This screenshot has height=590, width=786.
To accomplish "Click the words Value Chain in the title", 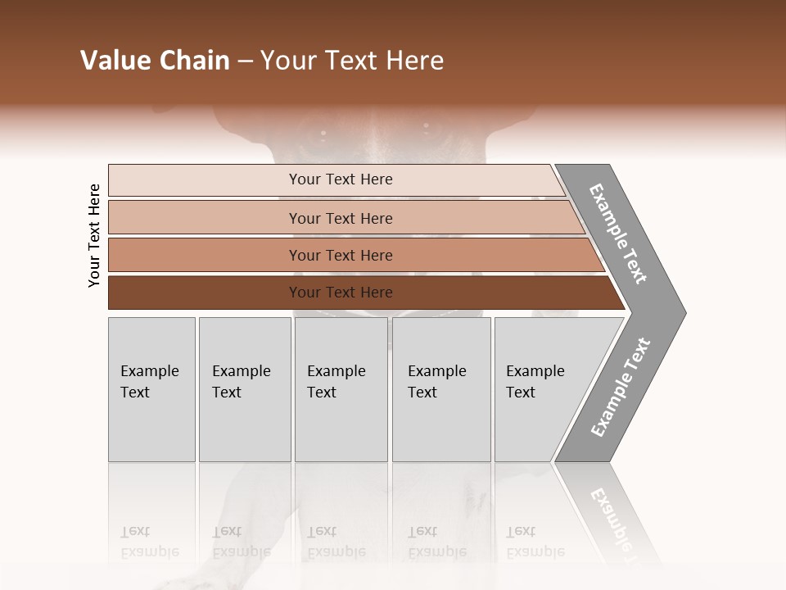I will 155,61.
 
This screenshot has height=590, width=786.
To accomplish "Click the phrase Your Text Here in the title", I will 352,61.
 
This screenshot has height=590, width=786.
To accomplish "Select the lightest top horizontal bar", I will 340,179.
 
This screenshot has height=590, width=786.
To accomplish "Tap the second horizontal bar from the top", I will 340,218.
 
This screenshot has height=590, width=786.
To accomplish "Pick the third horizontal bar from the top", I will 340,255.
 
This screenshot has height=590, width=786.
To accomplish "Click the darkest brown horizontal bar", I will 340,293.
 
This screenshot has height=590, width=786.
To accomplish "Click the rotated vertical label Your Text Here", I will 94,235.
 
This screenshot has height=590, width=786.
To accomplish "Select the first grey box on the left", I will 151,388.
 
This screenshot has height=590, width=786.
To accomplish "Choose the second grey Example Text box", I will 244,388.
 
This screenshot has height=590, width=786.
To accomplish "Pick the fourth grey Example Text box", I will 440,388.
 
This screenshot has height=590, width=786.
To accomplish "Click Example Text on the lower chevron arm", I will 621,387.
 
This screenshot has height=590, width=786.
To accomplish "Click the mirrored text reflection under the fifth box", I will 535,542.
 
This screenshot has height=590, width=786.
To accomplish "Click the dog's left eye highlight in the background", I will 323,133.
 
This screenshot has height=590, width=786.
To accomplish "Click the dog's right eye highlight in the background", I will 426,125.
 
